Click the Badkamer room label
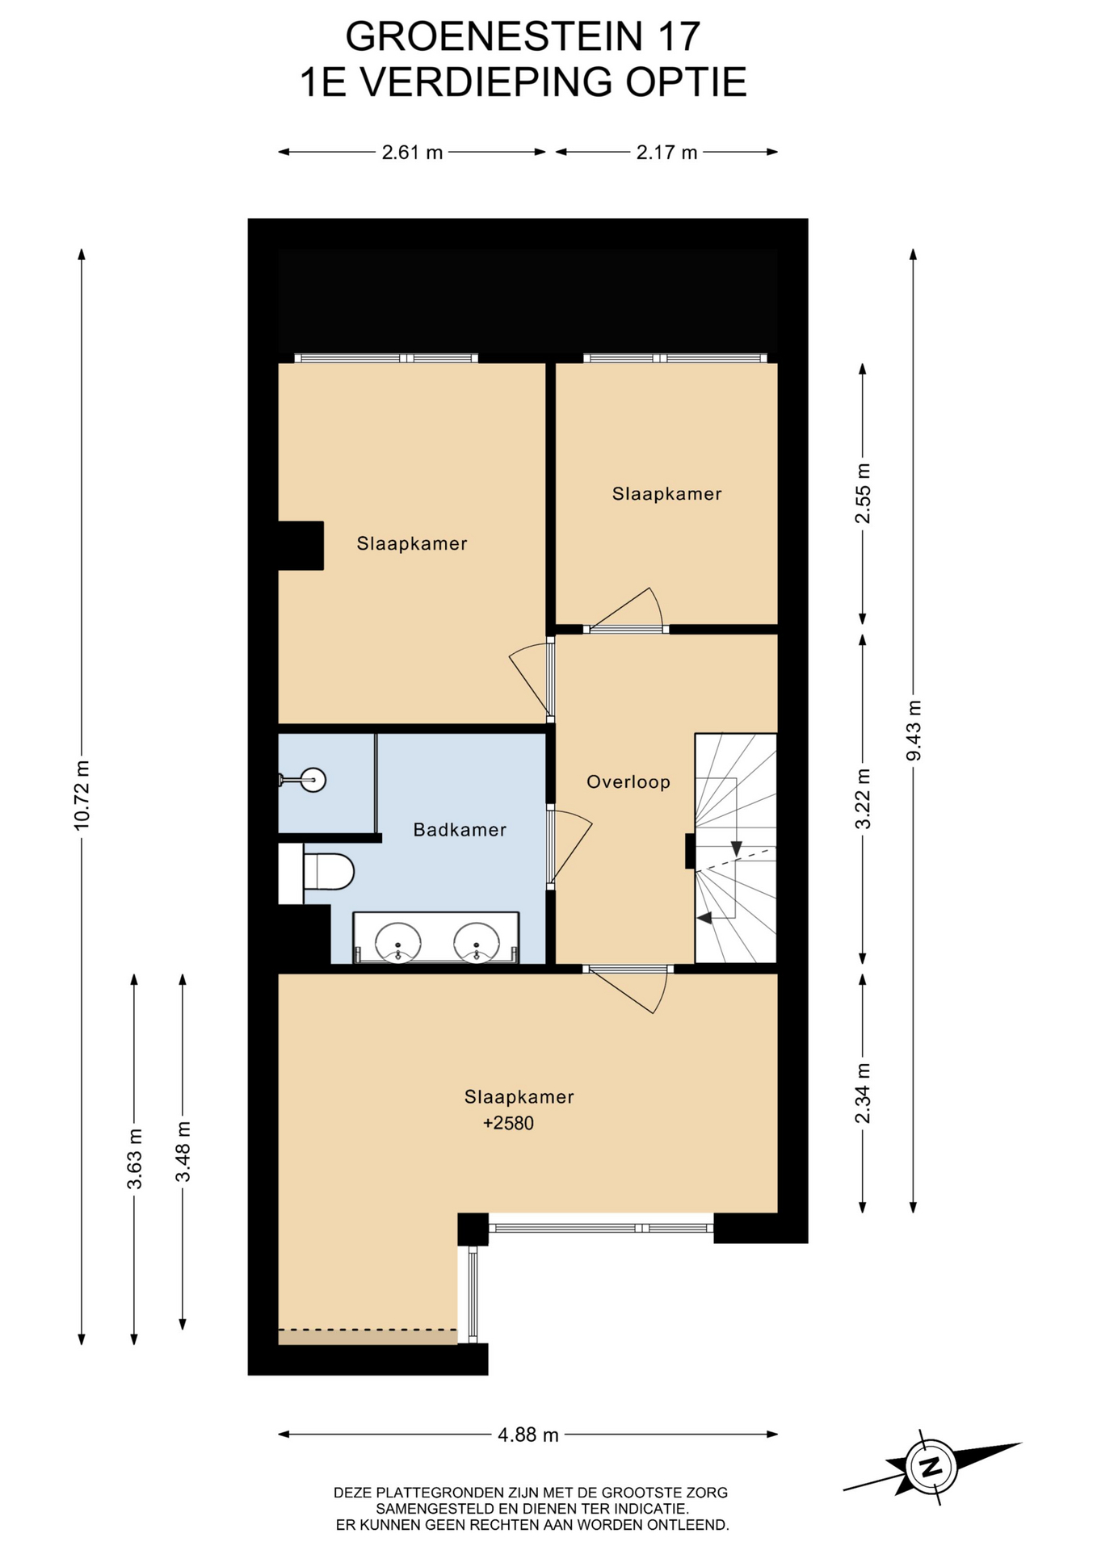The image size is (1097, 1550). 460,829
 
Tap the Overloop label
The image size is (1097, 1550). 628,781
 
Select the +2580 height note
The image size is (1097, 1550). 508,1123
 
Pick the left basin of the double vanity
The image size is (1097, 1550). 398,943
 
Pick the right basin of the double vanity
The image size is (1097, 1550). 477,943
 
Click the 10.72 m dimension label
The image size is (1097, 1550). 82,795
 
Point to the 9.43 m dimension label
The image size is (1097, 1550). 914,730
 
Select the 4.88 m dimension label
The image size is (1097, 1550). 528,1435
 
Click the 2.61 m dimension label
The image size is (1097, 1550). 412,152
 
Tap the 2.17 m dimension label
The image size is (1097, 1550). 666,152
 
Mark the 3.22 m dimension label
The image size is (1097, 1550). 864,798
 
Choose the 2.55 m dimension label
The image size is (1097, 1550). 864,493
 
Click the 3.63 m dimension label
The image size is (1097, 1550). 135,1159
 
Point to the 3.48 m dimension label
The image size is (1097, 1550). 183,1152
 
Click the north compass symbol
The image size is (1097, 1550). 931,1466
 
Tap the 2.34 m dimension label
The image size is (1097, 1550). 864,1093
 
